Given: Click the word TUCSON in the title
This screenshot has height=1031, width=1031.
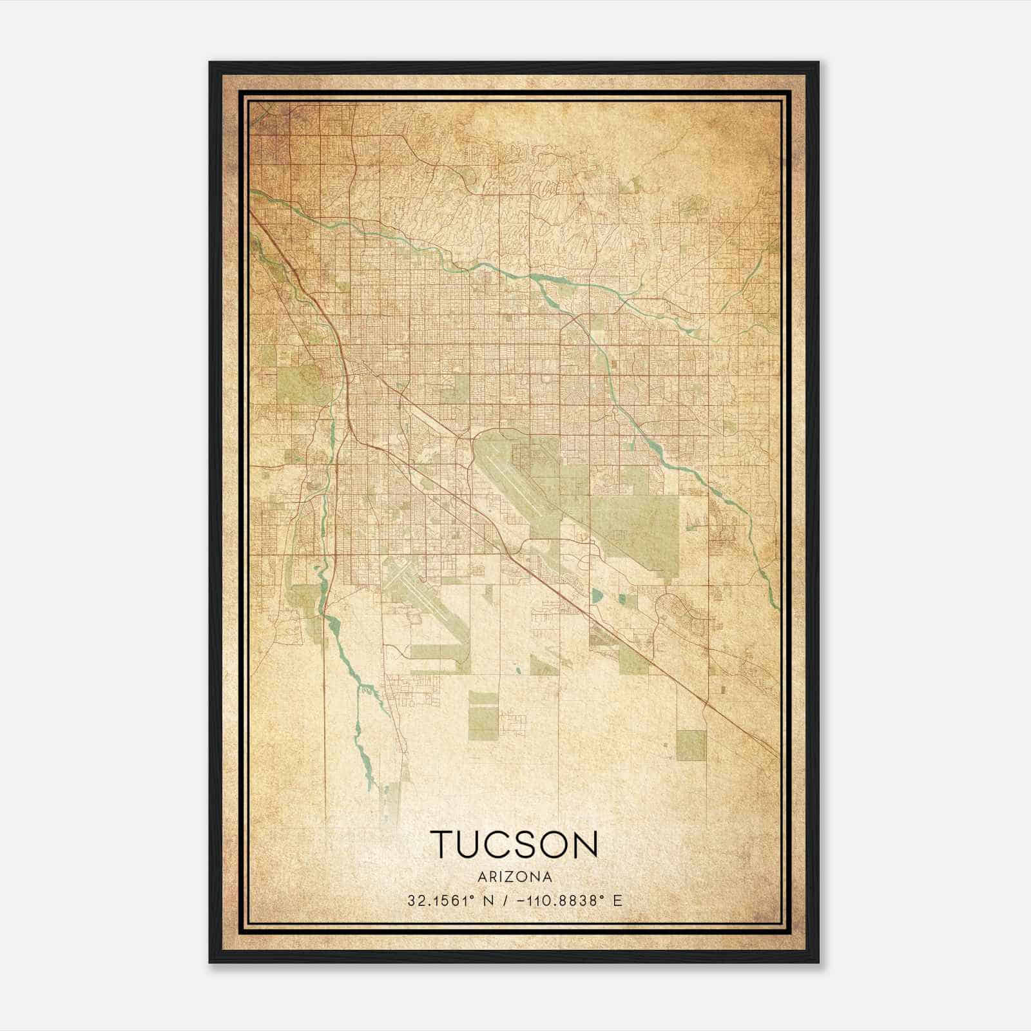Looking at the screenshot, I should pyautogui.click(x=514, y=844).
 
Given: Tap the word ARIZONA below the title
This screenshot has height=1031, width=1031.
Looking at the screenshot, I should pyautogui.click(x=515, y=876).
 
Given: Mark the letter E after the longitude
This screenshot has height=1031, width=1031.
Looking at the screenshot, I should pyautogui.click(x=619, y=900).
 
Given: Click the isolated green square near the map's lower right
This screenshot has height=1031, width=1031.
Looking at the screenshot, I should pyautogui.click(x=691, y=745).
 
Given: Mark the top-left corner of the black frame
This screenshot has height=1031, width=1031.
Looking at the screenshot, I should pyautogui.click(x=211, y=63).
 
